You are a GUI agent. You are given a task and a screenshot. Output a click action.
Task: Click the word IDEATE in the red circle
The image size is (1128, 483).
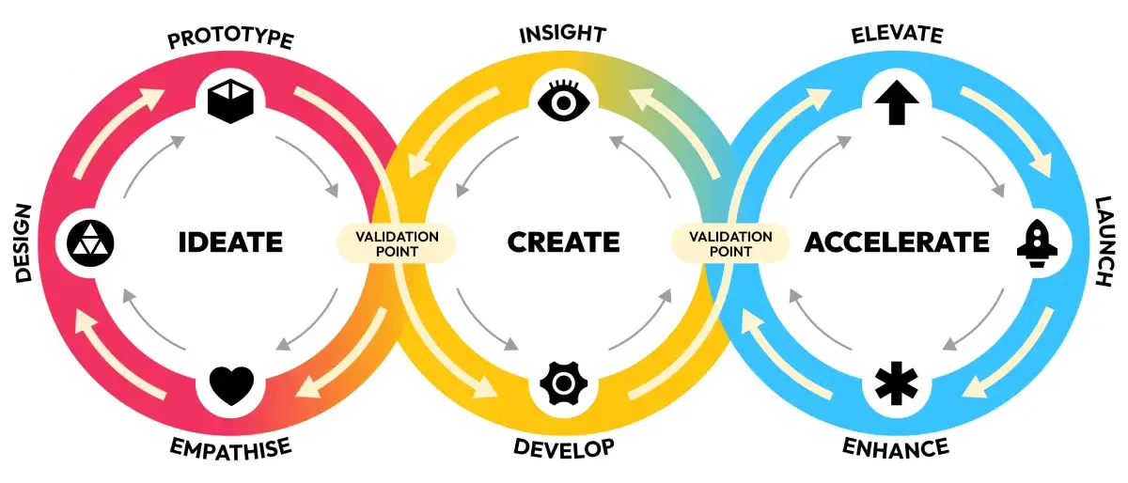[230, 241]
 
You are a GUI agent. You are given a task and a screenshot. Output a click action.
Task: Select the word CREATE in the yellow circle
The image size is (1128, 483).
[563, 241]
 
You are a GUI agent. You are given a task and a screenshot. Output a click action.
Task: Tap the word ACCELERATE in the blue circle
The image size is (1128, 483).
[897, 241]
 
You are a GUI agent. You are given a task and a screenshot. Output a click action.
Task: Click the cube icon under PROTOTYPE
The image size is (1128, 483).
[230, 101]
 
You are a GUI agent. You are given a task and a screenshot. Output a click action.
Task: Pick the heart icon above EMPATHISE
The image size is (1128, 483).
[231, 383]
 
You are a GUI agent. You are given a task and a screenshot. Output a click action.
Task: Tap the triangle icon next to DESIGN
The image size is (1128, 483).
[89, 242]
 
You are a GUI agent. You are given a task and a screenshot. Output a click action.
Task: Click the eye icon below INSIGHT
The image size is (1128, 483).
[563, 101]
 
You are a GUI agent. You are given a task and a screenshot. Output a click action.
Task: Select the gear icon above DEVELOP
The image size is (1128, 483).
[563, 383]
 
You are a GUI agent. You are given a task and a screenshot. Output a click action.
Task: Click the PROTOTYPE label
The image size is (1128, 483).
[230, 39]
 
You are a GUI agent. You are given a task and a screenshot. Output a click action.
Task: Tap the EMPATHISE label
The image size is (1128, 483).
[230, 446]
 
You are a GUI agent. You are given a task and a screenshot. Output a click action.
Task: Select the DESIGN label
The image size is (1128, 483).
[24, 241]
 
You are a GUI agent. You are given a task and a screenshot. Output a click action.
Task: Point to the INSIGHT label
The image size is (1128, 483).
[563, 35]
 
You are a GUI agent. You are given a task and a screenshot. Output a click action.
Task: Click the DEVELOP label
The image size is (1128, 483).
[563, 446]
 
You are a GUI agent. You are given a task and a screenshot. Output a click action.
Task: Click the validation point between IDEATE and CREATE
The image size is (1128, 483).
[397, 243]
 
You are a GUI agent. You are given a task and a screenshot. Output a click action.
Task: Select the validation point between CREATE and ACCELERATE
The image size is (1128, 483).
[730, 243]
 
